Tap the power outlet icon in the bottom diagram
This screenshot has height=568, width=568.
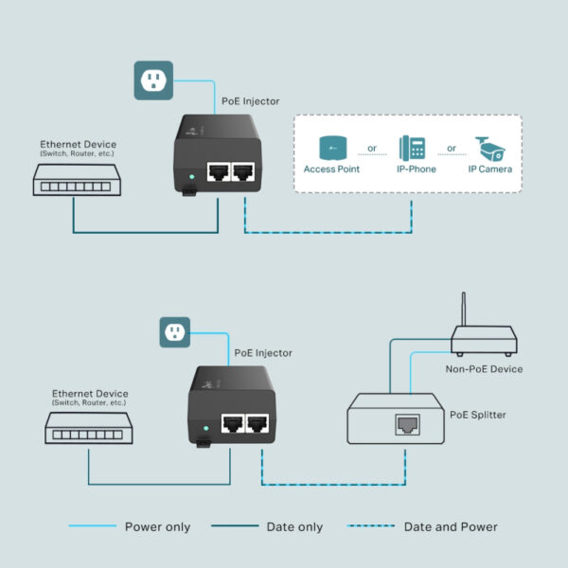coord(173,332)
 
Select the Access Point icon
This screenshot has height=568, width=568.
coord(331,148)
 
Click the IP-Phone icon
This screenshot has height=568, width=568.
coord(413,147)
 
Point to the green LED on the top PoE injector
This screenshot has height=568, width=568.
coord(192,175)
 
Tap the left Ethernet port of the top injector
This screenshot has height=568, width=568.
coord(219,172)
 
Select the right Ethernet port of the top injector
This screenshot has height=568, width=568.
coord(243,172)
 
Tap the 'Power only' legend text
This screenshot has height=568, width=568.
coord(157,527)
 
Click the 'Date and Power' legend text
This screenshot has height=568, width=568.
coord(451,527)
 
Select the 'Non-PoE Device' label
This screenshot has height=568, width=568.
coord(484,369)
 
